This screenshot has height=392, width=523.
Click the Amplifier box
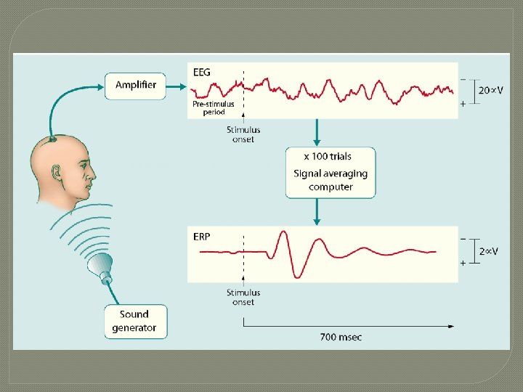(x=136, y=85)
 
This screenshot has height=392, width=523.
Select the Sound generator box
(x=134, y=321)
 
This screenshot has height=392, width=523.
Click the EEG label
(x=202, y=72)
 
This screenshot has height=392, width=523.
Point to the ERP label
(x=202, y=237)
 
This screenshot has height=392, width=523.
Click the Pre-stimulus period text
(x=213, y=107)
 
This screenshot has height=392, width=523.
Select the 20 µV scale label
(x=491, y=91)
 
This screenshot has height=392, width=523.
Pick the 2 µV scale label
(x=489, y=251)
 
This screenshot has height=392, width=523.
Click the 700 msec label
(x=341, y=337)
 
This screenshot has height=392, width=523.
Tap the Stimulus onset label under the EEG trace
(x=243, y=134)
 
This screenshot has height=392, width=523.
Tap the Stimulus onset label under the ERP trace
(x=243, y=297)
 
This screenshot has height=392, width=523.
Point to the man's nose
(x=93, y=174)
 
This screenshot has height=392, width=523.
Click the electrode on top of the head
(x=53, y=139)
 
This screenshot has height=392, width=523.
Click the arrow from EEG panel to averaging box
(x=317, y=131)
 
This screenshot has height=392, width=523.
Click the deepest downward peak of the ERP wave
(x=298, y=276)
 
